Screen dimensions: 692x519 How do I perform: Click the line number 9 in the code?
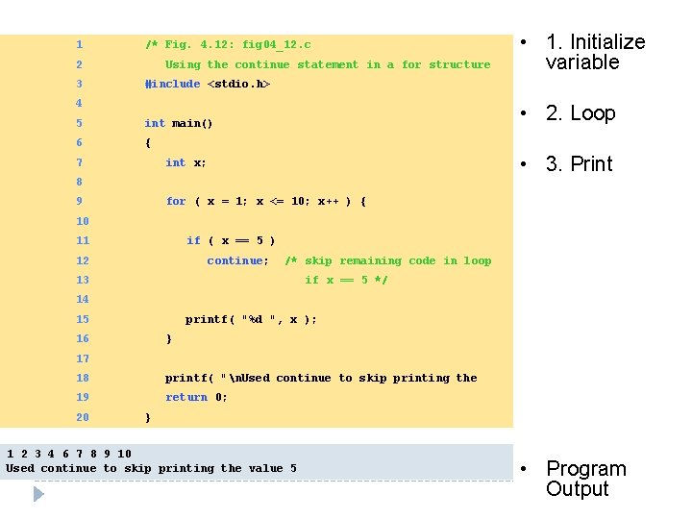click(x=79, y=202)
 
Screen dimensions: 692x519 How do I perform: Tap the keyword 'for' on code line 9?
click(x=176, y=202)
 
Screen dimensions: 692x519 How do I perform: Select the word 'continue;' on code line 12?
click(x=238, y=260)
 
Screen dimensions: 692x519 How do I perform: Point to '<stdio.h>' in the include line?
click(x=238, y=85)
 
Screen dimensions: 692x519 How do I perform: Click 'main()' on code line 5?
click(x=192, y=123)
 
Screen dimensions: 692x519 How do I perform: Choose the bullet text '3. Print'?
click(x=579, y=164)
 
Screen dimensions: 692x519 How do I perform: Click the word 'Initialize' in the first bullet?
click(x=607, y=42)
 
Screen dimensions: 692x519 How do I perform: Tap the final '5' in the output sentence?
click(x=293, y=469)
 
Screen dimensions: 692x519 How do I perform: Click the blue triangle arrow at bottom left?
click(x=38, y=494)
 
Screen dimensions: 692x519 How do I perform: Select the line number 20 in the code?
click(x=82, y=417)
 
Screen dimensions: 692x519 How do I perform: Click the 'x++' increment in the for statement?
click(x=328, y=202)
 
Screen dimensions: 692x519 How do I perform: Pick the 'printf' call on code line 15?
click(x=206, y=319)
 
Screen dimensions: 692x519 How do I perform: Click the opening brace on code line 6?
click(x=148, y=143)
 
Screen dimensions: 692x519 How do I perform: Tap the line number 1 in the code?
click(x=79, y=45)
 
